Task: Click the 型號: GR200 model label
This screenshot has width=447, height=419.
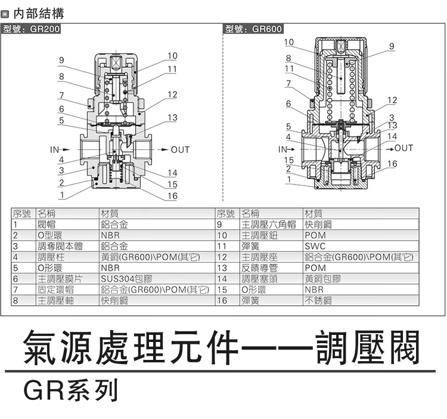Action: coord(32,29)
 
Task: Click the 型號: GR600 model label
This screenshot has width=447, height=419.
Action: coord(253,29)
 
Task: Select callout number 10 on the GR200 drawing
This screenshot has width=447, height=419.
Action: coord(172,56)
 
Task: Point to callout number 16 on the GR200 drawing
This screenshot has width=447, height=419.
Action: coord(172,196)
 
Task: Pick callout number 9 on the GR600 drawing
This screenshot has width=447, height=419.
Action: coord(391,45)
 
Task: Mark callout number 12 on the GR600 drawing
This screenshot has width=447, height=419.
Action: coord(392,100)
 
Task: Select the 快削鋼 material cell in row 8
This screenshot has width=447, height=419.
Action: coord(115,301)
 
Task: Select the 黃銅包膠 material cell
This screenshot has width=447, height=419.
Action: coord(322,279)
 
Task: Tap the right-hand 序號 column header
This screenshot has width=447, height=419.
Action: coord(226,213)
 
